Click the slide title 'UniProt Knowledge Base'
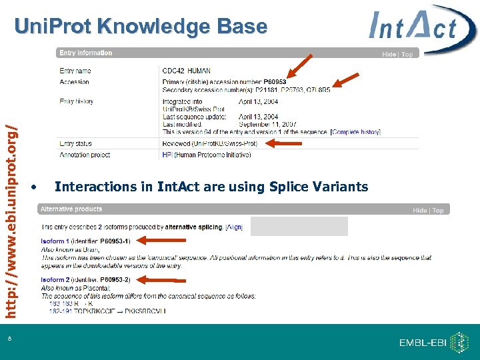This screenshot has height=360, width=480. [141, 27]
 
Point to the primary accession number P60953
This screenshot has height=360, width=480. [275, 82]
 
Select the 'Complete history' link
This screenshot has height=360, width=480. [357, 132]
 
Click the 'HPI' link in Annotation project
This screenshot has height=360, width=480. [167, 154]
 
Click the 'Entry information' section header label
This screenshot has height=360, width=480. [85, 53]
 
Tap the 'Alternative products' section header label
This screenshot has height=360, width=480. [71, 209]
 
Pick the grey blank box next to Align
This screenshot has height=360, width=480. [299, 226]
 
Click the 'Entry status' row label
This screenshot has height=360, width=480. [75, 143]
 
